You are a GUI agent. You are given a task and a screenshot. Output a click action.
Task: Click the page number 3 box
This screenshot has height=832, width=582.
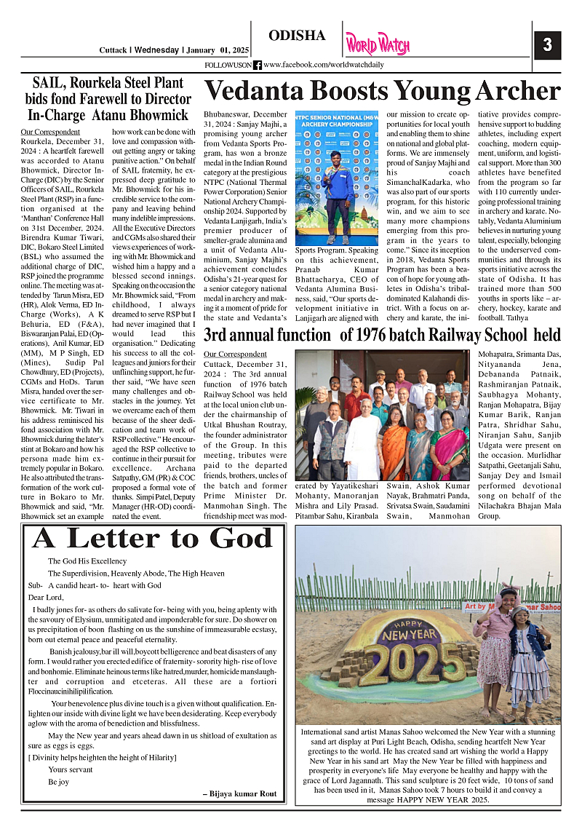coord(548,45)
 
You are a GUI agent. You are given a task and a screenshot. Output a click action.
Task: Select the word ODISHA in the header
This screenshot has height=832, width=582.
coord(297,36)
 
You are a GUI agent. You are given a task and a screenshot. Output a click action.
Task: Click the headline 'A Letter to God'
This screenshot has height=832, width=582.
coord(152,538)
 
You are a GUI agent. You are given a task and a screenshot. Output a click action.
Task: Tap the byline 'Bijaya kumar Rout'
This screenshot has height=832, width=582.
coord(239,793)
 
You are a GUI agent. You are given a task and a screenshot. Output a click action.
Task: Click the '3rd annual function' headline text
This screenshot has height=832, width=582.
coord(268,336)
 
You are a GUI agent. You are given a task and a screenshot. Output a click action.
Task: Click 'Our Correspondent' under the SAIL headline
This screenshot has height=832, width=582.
coord(45,132)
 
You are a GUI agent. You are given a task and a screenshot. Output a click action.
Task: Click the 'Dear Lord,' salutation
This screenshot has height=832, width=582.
coord(46,597)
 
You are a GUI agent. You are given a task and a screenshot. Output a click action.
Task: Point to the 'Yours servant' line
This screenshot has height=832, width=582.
coord(71,769)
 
